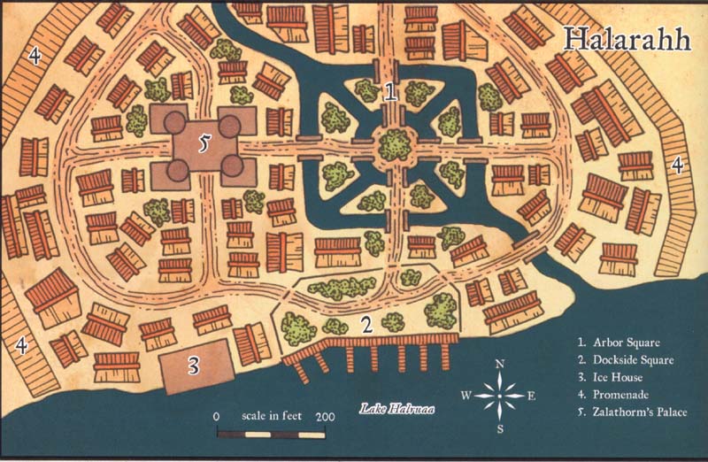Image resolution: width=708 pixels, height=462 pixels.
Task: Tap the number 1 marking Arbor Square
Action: point(390,89)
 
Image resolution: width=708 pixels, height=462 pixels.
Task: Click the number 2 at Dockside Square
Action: point(365,324)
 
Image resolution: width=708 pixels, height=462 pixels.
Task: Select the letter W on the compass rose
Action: point(466,396)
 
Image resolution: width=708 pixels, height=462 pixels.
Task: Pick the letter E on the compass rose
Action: point(532,396)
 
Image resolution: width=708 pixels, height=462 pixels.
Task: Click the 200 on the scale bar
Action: point(326,416)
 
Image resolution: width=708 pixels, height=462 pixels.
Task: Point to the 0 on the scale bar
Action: point(216,416)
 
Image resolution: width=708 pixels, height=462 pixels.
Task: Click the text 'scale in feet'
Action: point(272,416)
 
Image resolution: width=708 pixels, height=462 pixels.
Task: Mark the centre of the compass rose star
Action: point(500,396)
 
